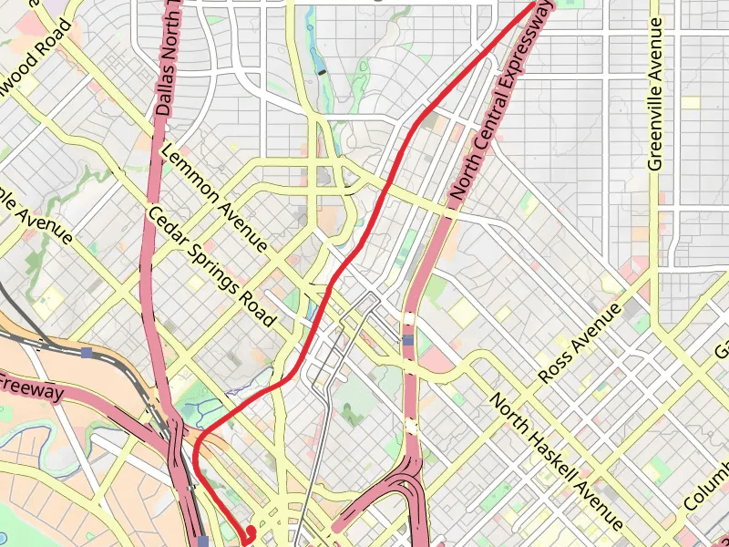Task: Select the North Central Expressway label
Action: coord(502,101)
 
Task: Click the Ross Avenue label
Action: coord(580,342)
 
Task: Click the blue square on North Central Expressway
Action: coord(408,340)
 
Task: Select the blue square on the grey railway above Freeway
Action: coord(87,352)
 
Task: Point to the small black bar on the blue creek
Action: coord(321,70)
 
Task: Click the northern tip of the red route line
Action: coord(533,5)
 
